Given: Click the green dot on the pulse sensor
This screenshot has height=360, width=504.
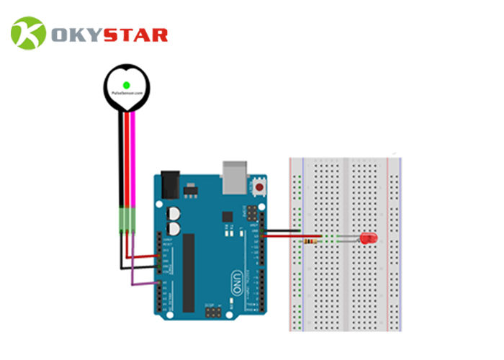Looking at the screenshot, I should click(126, 85).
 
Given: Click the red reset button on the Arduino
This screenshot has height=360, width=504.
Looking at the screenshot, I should click(259, 189).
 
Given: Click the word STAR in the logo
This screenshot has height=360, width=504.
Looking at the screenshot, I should click(138, 34).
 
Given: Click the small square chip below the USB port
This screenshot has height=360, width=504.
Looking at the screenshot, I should click(228, 215).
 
